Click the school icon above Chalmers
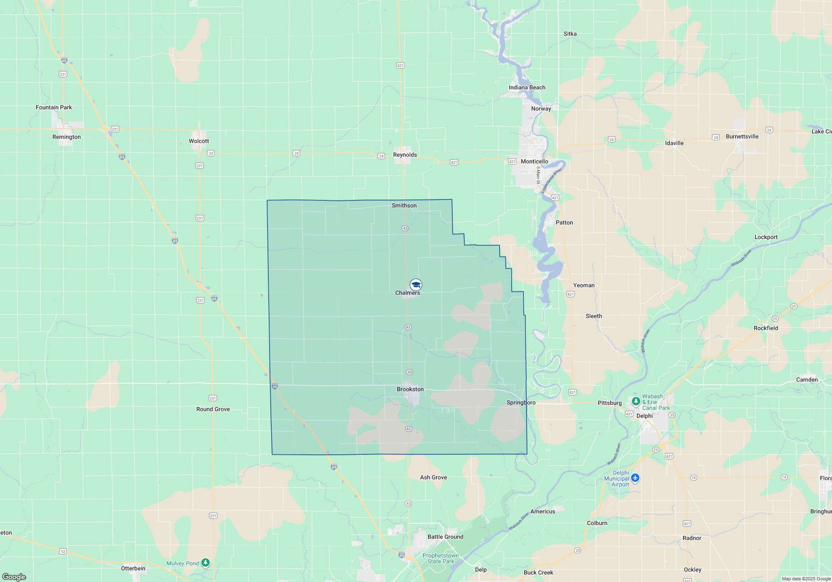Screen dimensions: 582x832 coord(416,284)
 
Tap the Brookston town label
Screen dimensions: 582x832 coord(410,390)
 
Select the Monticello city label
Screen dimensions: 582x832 coord(534,162)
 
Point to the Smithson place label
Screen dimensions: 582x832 coord(404,206)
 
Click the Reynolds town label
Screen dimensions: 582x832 coord(405,155)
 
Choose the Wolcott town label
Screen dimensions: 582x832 coord(199,141)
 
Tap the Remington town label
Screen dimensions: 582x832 coord(67,137)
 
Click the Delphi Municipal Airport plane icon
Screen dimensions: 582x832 coord(635,478)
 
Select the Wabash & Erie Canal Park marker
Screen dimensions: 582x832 coord(636,401)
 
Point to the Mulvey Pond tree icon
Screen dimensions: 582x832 coord(205,563)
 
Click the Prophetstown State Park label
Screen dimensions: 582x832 coord(441,558)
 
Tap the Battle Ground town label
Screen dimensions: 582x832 coord(445,537)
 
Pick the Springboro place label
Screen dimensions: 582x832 coord(521,403)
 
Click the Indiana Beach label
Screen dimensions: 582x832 coord(527,88)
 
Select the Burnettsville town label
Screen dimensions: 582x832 coord(742,137)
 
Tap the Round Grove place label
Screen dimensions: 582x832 coord(213,409)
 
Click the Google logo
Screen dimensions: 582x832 coord(14,577)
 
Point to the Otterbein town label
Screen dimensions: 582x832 coord(133,569)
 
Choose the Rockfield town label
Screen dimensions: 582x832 coord(765,328)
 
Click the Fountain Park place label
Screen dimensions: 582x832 coord(54,108)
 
